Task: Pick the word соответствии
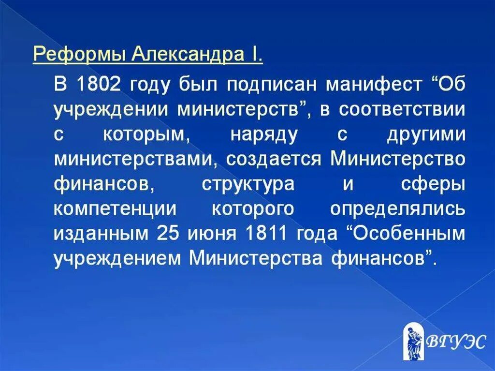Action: point(403,109)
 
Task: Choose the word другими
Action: point(425,134)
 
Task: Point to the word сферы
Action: point(433,184)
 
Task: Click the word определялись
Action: point(398,209)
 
